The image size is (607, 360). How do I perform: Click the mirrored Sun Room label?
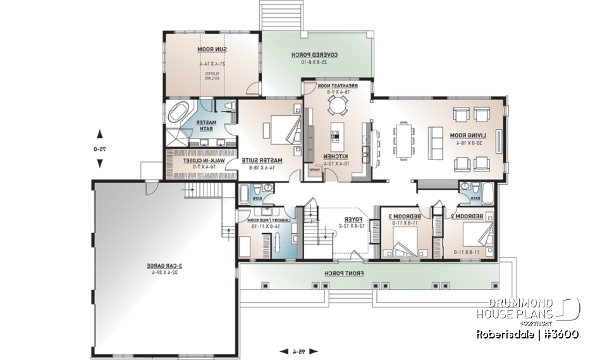205,49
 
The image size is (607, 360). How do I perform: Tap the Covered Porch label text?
314,55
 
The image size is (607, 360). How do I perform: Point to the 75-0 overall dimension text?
99,149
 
